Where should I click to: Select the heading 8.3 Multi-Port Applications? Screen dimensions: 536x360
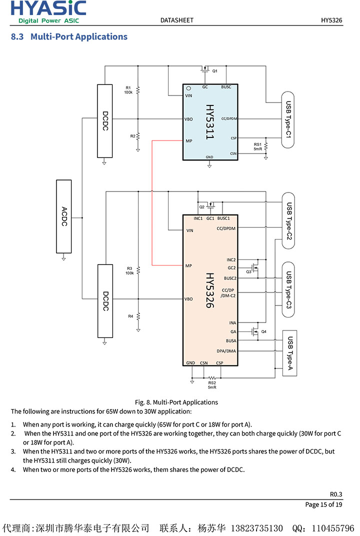click(69, 36)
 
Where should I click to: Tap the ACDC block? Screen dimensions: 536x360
click(64, 217)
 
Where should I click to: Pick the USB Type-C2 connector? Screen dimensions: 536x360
click(289, 220)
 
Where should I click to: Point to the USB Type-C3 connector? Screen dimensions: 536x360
click(289, 289)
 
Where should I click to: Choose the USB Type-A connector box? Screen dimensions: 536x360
click(290, 353)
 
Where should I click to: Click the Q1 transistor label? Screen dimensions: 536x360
click(215, 71)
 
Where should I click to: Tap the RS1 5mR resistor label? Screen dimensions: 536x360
click(257, 146)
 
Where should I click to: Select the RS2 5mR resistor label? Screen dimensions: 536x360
click(212, 385)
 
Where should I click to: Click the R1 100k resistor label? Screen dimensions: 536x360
click(128, 90)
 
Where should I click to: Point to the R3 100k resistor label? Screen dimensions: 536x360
click(129, 270)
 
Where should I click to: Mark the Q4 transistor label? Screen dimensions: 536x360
click(264, 331)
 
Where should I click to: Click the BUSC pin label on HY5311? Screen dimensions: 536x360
click(226, 87)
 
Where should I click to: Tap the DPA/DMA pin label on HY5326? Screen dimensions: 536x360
click(226, 351)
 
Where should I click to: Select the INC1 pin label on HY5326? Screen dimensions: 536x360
click(198, 218)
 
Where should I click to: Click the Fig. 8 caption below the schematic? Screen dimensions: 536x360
click(176, 402)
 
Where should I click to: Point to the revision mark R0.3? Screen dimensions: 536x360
click(336, 494)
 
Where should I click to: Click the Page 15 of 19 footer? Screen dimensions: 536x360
click(323, 504)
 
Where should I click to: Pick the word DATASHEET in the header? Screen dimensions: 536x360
click(176, 20)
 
